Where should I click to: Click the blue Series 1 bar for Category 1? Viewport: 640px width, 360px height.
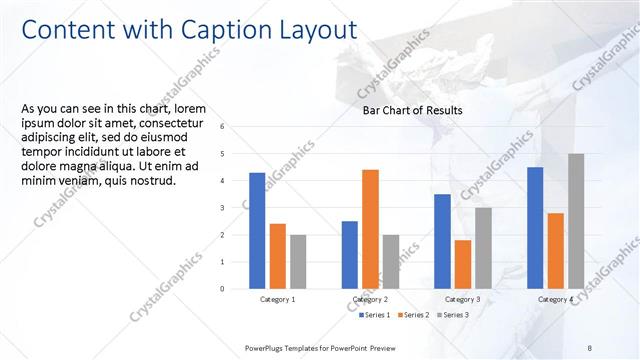pos(257,231)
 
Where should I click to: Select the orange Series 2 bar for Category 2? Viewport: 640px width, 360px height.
pos(370,229)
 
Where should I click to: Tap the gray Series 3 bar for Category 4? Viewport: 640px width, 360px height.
pos(576,221)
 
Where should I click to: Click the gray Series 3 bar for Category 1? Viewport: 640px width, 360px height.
pos(298,262)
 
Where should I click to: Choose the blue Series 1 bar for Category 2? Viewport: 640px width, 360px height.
pos(349,255)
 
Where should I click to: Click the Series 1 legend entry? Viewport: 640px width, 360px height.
pos(375,315)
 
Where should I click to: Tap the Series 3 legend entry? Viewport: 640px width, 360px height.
pos(455,315)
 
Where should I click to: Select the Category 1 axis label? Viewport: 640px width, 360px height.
pos(277,299)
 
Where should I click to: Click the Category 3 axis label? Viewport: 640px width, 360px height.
pos(462,299)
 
